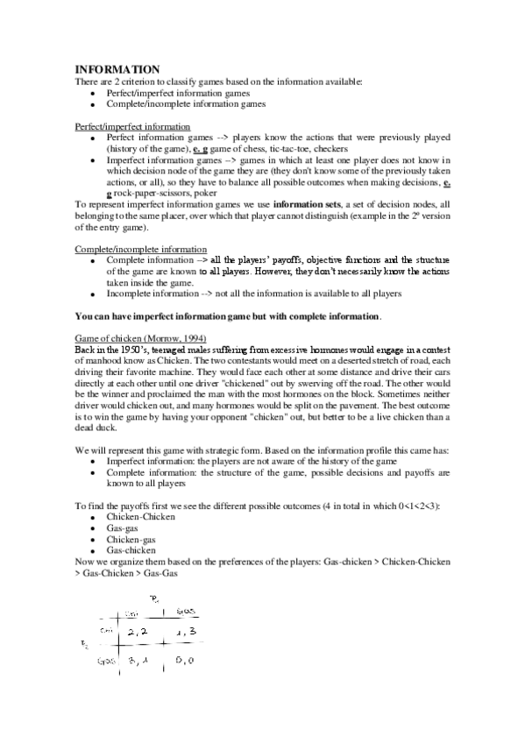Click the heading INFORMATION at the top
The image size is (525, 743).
click(117, 69)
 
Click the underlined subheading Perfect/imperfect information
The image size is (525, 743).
click(131, 127)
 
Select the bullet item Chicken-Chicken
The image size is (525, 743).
click(140, 517)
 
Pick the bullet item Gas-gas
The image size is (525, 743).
click(124, 528)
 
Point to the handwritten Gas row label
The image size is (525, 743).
click(106, 663)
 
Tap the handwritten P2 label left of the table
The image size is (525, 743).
click(86, 646)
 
